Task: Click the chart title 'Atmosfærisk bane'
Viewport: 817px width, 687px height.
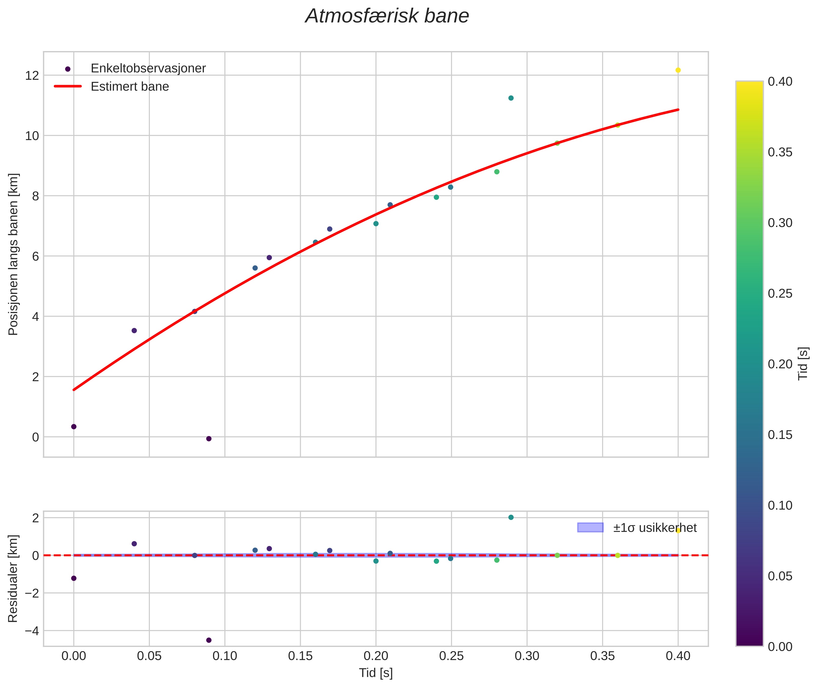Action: pos(387,16)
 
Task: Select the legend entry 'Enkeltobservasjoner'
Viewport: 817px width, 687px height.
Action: pos(148,69)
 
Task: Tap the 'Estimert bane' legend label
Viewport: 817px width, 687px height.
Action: pos(130,87)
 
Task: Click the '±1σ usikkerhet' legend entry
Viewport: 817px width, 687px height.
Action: pos(654,528)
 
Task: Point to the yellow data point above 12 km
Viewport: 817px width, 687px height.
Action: pos(678,70)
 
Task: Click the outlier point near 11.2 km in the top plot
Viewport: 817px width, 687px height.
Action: pos(511,98)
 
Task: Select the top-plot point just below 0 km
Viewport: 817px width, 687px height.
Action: pos(209,439)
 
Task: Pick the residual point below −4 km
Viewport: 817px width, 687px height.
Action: pos(209,640)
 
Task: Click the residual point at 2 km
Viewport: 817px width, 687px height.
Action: pos(511,517)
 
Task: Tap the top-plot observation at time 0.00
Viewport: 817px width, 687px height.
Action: pos(74,427)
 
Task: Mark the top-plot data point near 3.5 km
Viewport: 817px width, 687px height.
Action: pos(134,331)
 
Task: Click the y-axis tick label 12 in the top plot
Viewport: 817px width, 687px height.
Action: pos(32,76)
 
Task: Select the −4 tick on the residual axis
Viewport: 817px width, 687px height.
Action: pos(31,630)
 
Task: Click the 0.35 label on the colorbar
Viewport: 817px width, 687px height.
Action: pos(780,152)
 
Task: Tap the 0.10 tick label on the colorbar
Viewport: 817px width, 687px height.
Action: pos(780,506)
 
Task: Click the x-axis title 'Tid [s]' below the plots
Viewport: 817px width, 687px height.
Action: pos(376,673)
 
